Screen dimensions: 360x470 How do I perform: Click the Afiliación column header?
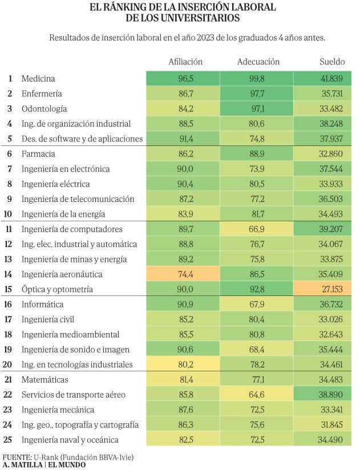coord(185,62)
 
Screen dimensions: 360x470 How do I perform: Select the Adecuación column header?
coord(258,62)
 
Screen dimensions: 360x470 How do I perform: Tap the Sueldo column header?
coord(332,62)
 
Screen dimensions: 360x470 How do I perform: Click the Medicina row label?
coord(38,79)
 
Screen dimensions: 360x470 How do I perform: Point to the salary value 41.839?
coord(331,79)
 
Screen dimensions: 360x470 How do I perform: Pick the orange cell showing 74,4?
coord(183,274)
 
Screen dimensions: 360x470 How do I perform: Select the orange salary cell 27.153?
coord(322,289)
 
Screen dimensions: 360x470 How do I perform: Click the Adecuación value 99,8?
coord(257,79)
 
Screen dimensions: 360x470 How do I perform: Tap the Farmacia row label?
coord(38,154)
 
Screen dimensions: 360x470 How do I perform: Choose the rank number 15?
coord(8,289)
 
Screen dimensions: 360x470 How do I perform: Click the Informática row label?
coord(42,305)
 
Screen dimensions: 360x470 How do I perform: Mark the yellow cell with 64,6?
coord(257,395)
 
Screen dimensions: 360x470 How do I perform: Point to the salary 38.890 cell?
coord(322,395)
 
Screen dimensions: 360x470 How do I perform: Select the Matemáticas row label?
coord(45,380)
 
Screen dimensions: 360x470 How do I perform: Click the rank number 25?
coord(8,440)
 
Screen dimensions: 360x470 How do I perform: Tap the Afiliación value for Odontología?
coord(186,108)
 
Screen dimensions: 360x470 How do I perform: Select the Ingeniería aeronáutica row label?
coord(62,274)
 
